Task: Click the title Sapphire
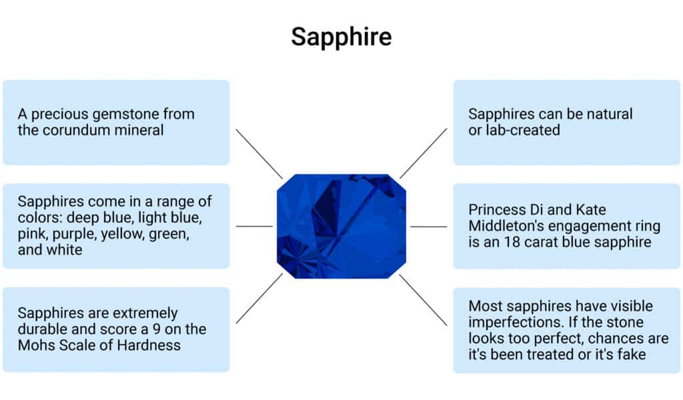coord(341,37)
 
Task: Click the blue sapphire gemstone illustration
coord(341,226)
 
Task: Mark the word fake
coord(631,354)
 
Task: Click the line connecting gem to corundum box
coord(259,153)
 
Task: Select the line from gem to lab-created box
coord(423,153)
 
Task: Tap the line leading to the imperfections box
coord(423,300)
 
